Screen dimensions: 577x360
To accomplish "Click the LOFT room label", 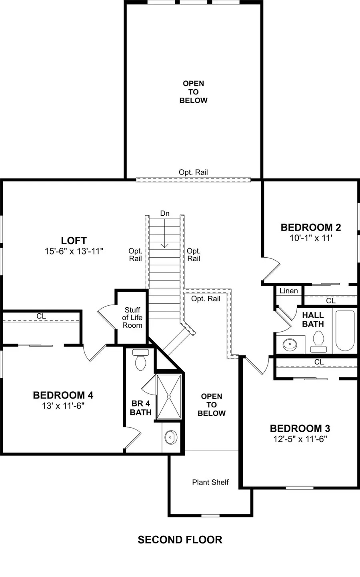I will coord(74,240).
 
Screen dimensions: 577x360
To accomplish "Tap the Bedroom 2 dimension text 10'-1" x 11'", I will coord(311,238).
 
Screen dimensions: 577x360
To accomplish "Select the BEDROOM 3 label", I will coord(300,429).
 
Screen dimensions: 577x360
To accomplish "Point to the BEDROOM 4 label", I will coord(63,395).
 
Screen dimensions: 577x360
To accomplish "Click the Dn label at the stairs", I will coord(165,214).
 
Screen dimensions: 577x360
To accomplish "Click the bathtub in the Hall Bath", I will coord(345,331).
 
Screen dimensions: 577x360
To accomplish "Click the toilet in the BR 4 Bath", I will coord(140,360).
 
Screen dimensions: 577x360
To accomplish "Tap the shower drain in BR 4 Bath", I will coord(169,397).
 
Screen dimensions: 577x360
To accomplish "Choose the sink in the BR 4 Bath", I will coord(171,437).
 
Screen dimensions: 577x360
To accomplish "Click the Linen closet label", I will coord(288,291).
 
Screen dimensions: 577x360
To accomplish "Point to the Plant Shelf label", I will coord(210,482).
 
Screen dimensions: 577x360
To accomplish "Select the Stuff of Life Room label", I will coord(132,317).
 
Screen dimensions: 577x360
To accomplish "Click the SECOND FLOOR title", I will coord(180,540).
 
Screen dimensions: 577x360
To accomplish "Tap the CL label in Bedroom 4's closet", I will coord(41,316).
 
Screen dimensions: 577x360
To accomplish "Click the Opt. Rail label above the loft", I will coord(193,172).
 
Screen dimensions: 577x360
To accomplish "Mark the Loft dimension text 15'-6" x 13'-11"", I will coord(74,251).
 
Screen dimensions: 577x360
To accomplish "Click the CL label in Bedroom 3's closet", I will coord(319,362).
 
